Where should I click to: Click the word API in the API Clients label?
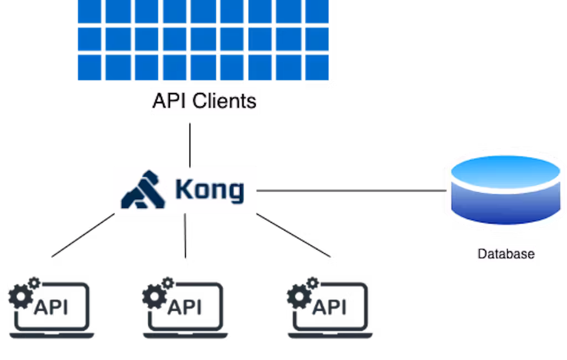169,102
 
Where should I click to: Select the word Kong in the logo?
209,190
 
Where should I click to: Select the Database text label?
506,254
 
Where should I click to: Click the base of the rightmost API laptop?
330,335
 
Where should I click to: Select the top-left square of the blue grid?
89,12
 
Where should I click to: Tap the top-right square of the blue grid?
316,12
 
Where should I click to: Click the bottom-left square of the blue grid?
89,68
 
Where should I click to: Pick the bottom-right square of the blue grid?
316,68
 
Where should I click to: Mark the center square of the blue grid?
203,39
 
